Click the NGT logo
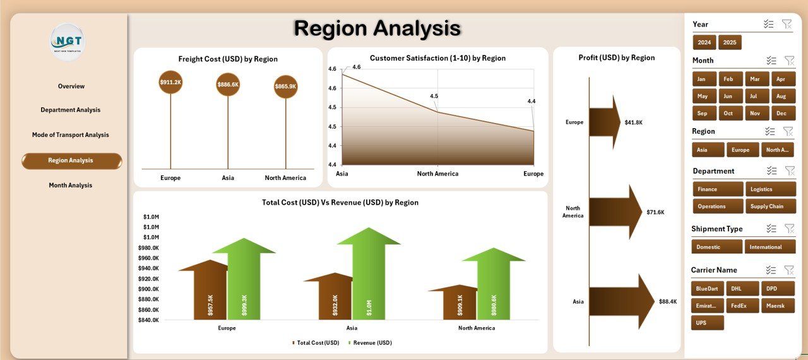pos(67,42)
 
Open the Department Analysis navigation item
pos(71,110)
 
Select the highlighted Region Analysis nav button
pos(71,160)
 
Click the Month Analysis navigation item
pos(71,185)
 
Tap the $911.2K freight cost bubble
pos(170,82)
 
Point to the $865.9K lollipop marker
pos(285,87)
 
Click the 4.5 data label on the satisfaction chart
pos(434,96)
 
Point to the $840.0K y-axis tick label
pos(149,320)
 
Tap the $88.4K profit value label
pos(667,302)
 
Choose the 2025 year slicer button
pos(730,42)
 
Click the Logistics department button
pos(770,189)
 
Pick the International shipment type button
pos(770,247)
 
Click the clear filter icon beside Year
pos(787,24)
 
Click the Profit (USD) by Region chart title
pos(617,57)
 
